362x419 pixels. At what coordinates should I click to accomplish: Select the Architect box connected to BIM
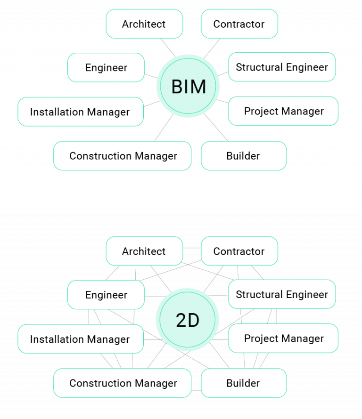pyautogui.click(x=144, y=24)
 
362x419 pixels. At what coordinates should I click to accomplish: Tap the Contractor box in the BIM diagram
pyautogui.click(x=239, y=24)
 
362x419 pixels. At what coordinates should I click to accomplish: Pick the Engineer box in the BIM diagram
pyautogui.click(x=106, y=68)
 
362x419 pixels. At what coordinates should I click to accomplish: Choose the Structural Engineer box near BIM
pyautogui.click(x=282, y=67)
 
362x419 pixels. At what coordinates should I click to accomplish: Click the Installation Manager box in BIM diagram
pyautogui.click(x=80, y=112)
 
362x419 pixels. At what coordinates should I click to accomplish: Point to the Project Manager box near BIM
pyautogui.click(x=283, y=112)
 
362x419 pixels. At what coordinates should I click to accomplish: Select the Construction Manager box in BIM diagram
pyautogui.click(x=123, y=156)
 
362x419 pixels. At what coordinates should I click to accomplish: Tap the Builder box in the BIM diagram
pyautogui.click(x=243, y=156)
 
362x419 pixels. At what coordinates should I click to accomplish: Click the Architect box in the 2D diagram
pyautogui.click(x=144, y=251)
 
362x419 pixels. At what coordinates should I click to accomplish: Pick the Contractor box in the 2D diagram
pyautogui.click(x=239, y=251)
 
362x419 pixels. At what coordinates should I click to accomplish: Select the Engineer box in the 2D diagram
pyautogui.click(x=106, y=295)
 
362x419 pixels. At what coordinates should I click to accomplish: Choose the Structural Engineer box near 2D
pyautogui.click(x=282, y=295)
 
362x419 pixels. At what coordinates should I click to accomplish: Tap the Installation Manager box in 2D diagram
pyautogui.click(x=80, y=339)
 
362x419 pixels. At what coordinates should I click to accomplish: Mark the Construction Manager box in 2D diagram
pyautogui.click(x=123, y=383)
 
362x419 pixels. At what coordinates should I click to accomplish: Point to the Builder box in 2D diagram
pyautogui.click(x=243, y=383)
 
